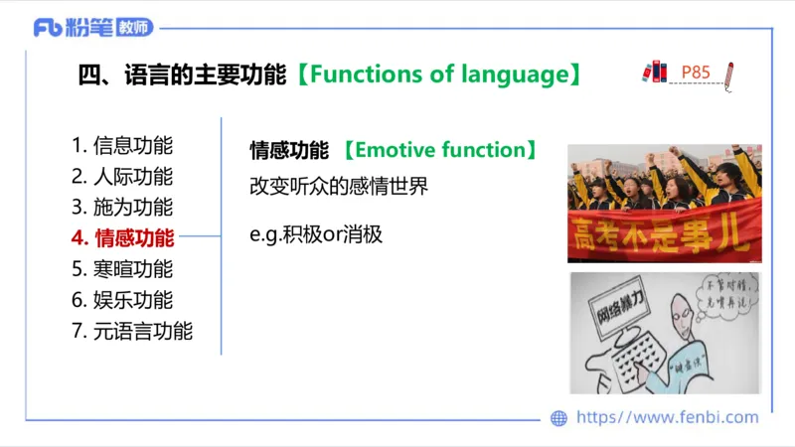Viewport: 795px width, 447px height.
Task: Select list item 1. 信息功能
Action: pos(122,145)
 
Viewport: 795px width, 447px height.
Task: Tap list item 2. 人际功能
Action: pos(122,177)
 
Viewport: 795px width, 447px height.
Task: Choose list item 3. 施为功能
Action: pos(122,208)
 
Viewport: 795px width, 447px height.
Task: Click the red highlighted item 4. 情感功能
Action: pos(122,238)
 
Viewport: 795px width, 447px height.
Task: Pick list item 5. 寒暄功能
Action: pos(122,269)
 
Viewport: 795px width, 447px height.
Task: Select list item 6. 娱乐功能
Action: pos(122,300)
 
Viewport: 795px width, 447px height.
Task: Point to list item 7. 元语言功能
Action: pos(132,332)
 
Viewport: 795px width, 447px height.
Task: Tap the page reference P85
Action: pos(696,72)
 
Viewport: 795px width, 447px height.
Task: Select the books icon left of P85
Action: pos(654,72)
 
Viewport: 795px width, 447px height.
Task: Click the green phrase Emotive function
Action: pos(439,150)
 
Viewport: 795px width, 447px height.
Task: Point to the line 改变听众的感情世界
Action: pos(338,186)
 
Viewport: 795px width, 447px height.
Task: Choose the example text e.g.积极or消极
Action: pos(315,235)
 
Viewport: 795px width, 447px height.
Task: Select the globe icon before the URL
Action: pos(558,418)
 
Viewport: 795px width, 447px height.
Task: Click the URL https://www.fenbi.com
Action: pos(668,418)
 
